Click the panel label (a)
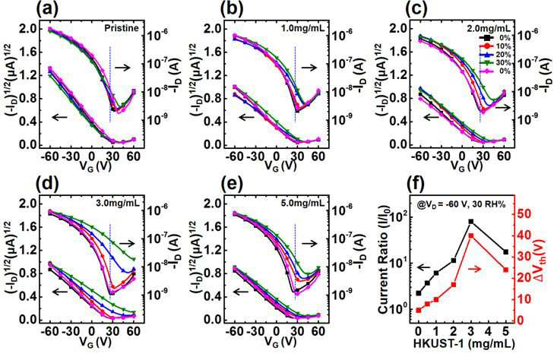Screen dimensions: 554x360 pos(47,9)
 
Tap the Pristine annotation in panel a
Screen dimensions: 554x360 pos(121,28)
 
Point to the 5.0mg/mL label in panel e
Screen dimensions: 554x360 pos(307,203)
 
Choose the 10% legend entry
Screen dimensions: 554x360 pos(495,46)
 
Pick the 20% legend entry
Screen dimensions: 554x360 pos(495,55)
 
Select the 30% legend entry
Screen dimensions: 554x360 pos(495,63)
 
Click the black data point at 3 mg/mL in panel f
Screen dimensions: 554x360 pos(471,222)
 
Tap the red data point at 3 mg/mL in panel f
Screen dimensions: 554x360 pos(471,235)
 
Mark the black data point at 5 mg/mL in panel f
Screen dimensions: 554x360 pos(505,252)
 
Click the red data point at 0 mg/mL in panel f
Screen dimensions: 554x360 pos(419,310)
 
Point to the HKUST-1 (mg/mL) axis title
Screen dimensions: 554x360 pos(464,343)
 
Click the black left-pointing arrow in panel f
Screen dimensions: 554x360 pos(424,267)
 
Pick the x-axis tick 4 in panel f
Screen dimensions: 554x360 pos(489,332)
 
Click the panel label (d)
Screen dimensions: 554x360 pos(47,183)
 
